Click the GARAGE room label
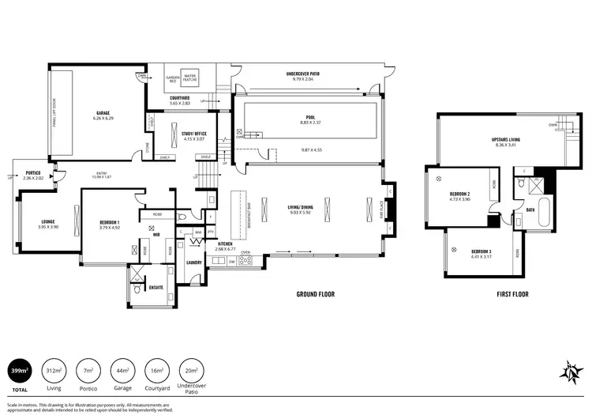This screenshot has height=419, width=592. [x=103, y=113]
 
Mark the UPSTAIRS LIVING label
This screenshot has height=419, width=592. [x=505, y=139]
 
